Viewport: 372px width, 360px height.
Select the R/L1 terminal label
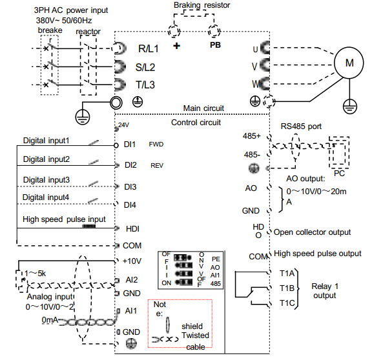pos(149,49)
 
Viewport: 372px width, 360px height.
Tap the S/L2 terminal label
pos(145,67)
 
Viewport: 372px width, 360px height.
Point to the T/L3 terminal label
pos(145,85)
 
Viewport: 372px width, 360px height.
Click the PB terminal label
pos(215,45)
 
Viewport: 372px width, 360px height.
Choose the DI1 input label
pos(130,145)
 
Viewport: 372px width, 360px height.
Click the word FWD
pos(156,145)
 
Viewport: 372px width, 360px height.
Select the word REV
pos(157,165)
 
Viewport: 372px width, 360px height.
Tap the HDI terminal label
pos(132,228)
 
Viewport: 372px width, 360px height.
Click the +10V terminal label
pos(132,261)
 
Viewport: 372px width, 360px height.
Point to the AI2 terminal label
pos(132,280)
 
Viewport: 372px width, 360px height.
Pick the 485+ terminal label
pos(251,135)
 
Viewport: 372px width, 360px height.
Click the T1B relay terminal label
pos(287,288)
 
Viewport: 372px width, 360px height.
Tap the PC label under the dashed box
pos(339,174)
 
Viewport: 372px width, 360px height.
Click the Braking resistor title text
pos(201,5)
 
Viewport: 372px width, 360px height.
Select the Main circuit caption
pos(203,108)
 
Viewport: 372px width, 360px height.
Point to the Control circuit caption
pos(196,123)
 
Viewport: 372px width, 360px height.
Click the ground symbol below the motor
pos(350,106)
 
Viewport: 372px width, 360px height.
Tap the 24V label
pos(123,125)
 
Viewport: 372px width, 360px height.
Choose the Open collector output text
pos(312,232)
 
